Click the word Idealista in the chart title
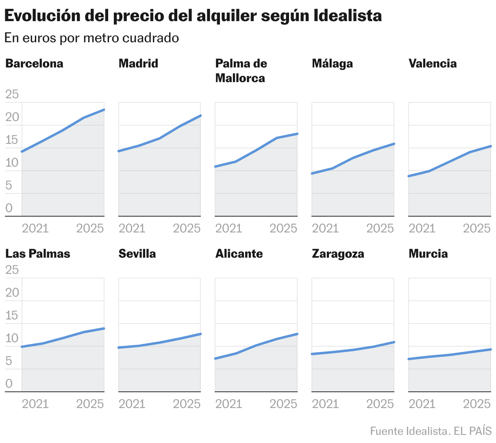[348, 15]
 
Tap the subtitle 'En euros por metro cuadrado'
[91, 38]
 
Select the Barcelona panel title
[34, 63]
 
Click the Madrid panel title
[138, 63]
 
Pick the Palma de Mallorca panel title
[241, 71]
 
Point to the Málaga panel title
[332, 63]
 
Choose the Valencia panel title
[433, 63]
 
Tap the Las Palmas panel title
[37, 254]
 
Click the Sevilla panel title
[137, 254]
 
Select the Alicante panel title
[239, 254]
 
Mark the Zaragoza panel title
[338, 254]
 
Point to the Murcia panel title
[428, 254]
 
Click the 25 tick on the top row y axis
[12, 94]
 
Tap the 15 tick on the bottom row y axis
[12, 315]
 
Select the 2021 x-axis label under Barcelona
[35, 228]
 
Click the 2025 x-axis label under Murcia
[477, 404]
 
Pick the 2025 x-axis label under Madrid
[187, 228]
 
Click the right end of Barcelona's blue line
[104, 110]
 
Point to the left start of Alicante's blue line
[215, 358]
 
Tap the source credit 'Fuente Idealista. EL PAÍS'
[431, 431]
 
